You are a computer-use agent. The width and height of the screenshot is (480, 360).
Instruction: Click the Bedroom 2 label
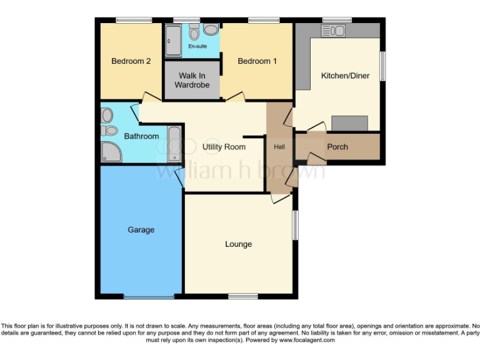click(131, 61)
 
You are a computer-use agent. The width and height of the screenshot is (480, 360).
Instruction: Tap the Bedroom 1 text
click(257, 61)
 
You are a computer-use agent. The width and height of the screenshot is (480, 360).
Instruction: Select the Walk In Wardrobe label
click(192, 80)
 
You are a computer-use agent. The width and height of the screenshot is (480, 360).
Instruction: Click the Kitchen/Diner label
click(345, 76)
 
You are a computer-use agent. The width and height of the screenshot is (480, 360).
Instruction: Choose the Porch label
click(337, 147)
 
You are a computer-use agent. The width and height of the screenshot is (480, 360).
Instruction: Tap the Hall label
click(279, 147)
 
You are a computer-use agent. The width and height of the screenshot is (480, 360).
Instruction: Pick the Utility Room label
click(224, 147)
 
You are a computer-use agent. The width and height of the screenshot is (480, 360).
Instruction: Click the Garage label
click(141, 230)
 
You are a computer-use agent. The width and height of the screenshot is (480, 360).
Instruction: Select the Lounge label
click(239, 244)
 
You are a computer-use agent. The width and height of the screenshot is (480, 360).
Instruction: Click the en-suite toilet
click(194, 33)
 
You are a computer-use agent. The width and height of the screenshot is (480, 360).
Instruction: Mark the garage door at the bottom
click(149, 296)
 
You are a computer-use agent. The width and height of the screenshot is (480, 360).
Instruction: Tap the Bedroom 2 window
click(134, 21)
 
